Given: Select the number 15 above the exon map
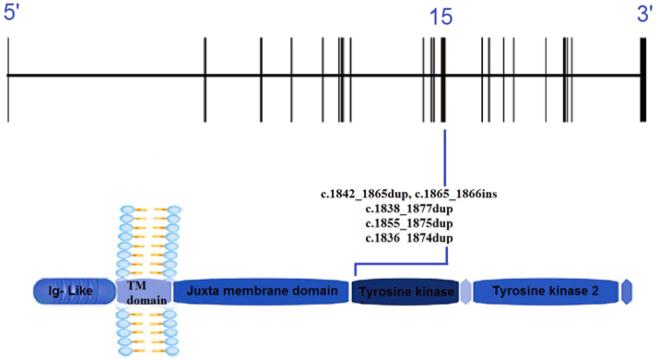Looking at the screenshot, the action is [x=442, y=18].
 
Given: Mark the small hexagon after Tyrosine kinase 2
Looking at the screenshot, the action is [x=626, y=291].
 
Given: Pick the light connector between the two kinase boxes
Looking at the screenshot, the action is [x=465, y=291].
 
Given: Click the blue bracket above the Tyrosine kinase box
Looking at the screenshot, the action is [x=400, y=265].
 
